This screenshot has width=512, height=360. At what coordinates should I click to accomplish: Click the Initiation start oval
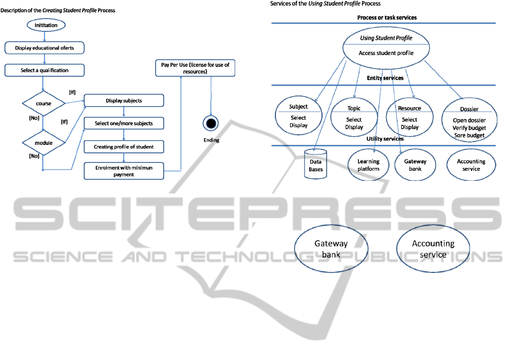tap(45, 25)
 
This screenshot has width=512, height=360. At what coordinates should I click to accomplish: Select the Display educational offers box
tap(44, 48)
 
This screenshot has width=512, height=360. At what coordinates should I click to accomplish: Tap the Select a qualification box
tap(44, 70)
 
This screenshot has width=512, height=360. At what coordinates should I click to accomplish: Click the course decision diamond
tap(43, 103)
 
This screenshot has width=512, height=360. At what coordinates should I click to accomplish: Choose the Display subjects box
tap(124, 101)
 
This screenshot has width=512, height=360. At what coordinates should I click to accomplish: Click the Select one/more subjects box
tap(124, 123)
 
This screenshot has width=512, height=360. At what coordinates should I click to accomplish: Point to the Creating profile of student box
tap(124, 147)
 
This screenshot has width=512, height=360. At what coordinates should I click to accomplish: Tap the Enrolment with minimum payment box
tap(124, 171)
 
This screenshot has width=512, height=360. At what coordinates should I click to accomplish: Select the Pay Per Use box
tap(195, 69)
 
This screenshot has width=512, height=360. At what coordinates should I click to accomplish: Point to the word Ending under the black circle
tap(211, 140)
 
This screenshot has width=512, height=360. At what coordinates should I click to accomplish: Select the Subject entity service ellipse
tap(298, 116)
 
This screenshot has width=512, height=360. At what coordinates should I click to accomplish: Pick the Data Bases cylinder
tap(315, 164)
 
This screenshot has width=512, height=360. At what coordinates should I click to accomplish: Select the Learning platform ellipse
tap(368, 165)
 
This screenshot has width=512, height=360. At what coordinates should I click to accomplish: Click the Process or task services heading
tap(387, 17)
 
